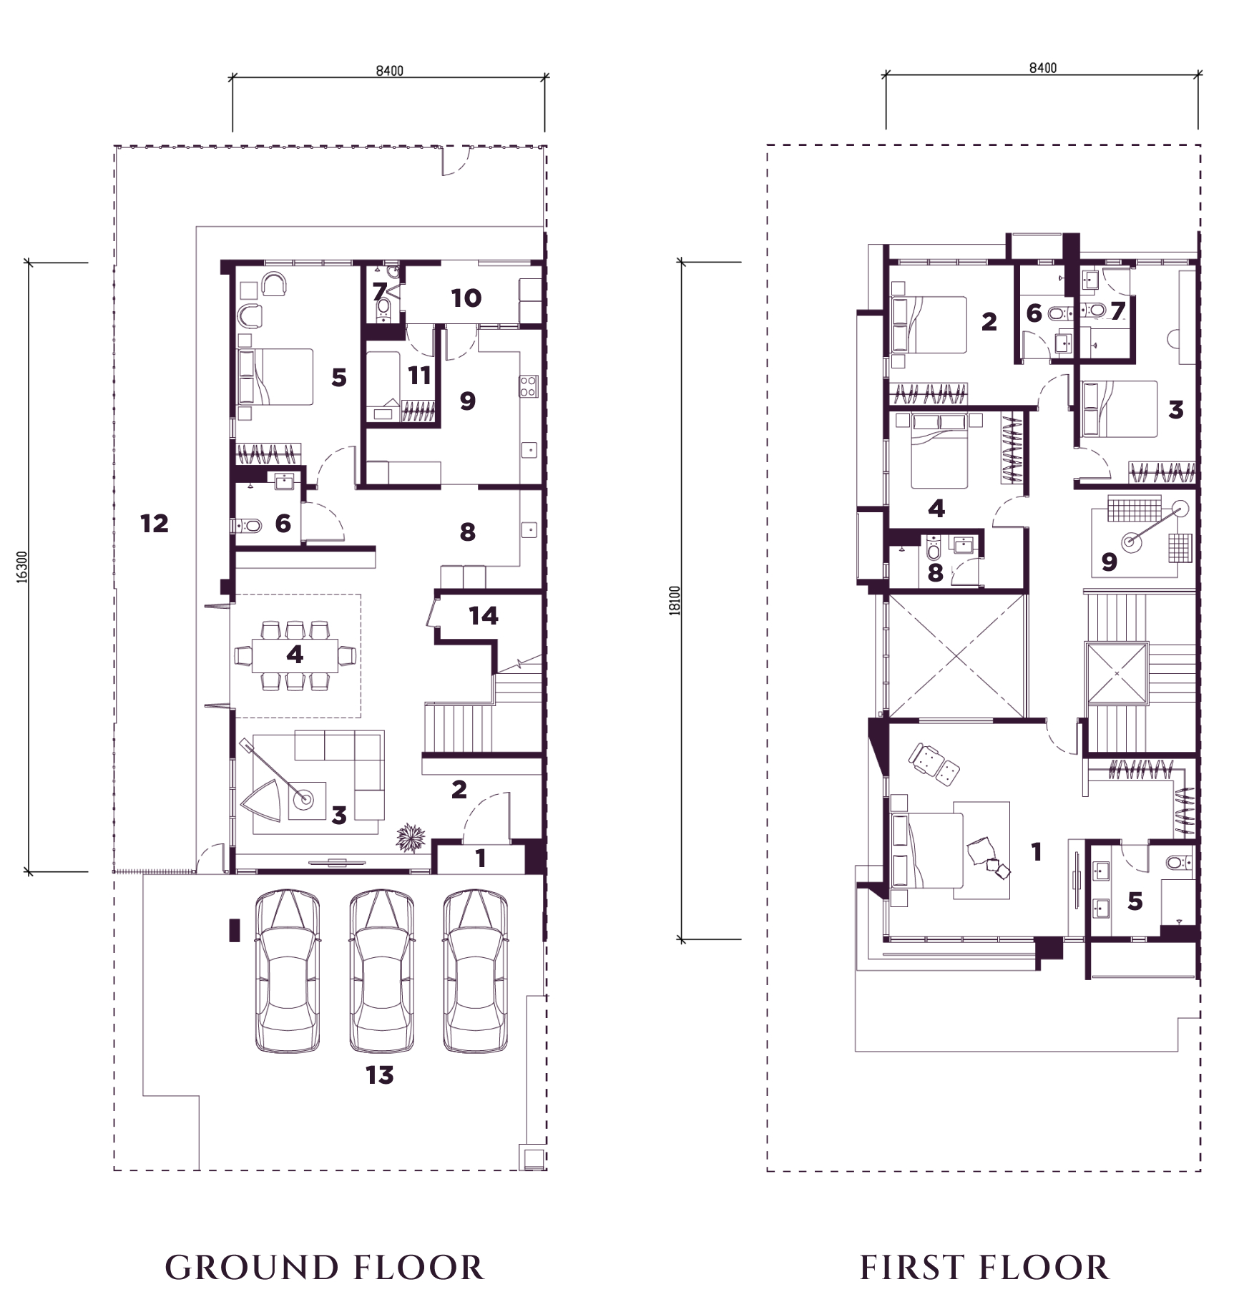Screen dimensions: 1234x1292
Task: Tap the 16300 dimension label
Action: pyautogui.click(x=22, y=567)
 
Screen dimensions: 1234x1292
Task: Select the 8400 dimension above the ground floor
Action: pyautogui.click(x=389, y=71)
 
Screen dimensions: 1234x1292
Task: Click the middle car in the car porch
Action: pyautogui.click(x=381, y=971)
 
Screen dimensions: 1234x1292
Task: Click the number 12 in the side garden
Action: pyautogui.click(x=155, y=524)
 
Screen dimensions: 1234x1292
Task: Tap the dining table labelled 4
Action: pyautogui.click(x=295, y=655)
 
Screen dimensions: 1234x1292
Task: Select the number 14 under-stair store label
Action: pyautogui.click(x=484, y=616)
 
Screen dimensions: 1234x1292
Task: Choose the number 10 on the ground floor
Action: pyautogui.click(x=466, y=298)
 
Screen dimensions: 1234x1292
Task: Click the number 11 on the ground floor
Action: pyautogui.click(x=419, y=376)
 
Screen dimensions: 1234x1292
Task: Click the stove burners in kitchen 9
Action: pyautogui.click(x=529, y=386)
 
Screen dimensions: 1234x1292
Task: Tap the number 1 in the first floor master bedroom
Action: pyautogui.click(x=1036, y=851)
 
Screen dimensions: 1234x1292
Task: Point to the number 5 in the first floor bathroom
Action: pyautogui.click(x=1135, y=901)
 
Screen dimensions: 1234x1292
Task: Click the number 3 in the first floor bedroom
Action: pyautogui.click(x=1176, y=409)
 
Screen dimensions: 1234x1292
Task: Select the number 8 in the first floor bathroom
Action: pyautogui.click(x=935, y=573)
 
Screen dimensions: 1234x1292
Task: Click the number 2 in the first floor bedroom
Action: pyautogui.click(x=989, y=322)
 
